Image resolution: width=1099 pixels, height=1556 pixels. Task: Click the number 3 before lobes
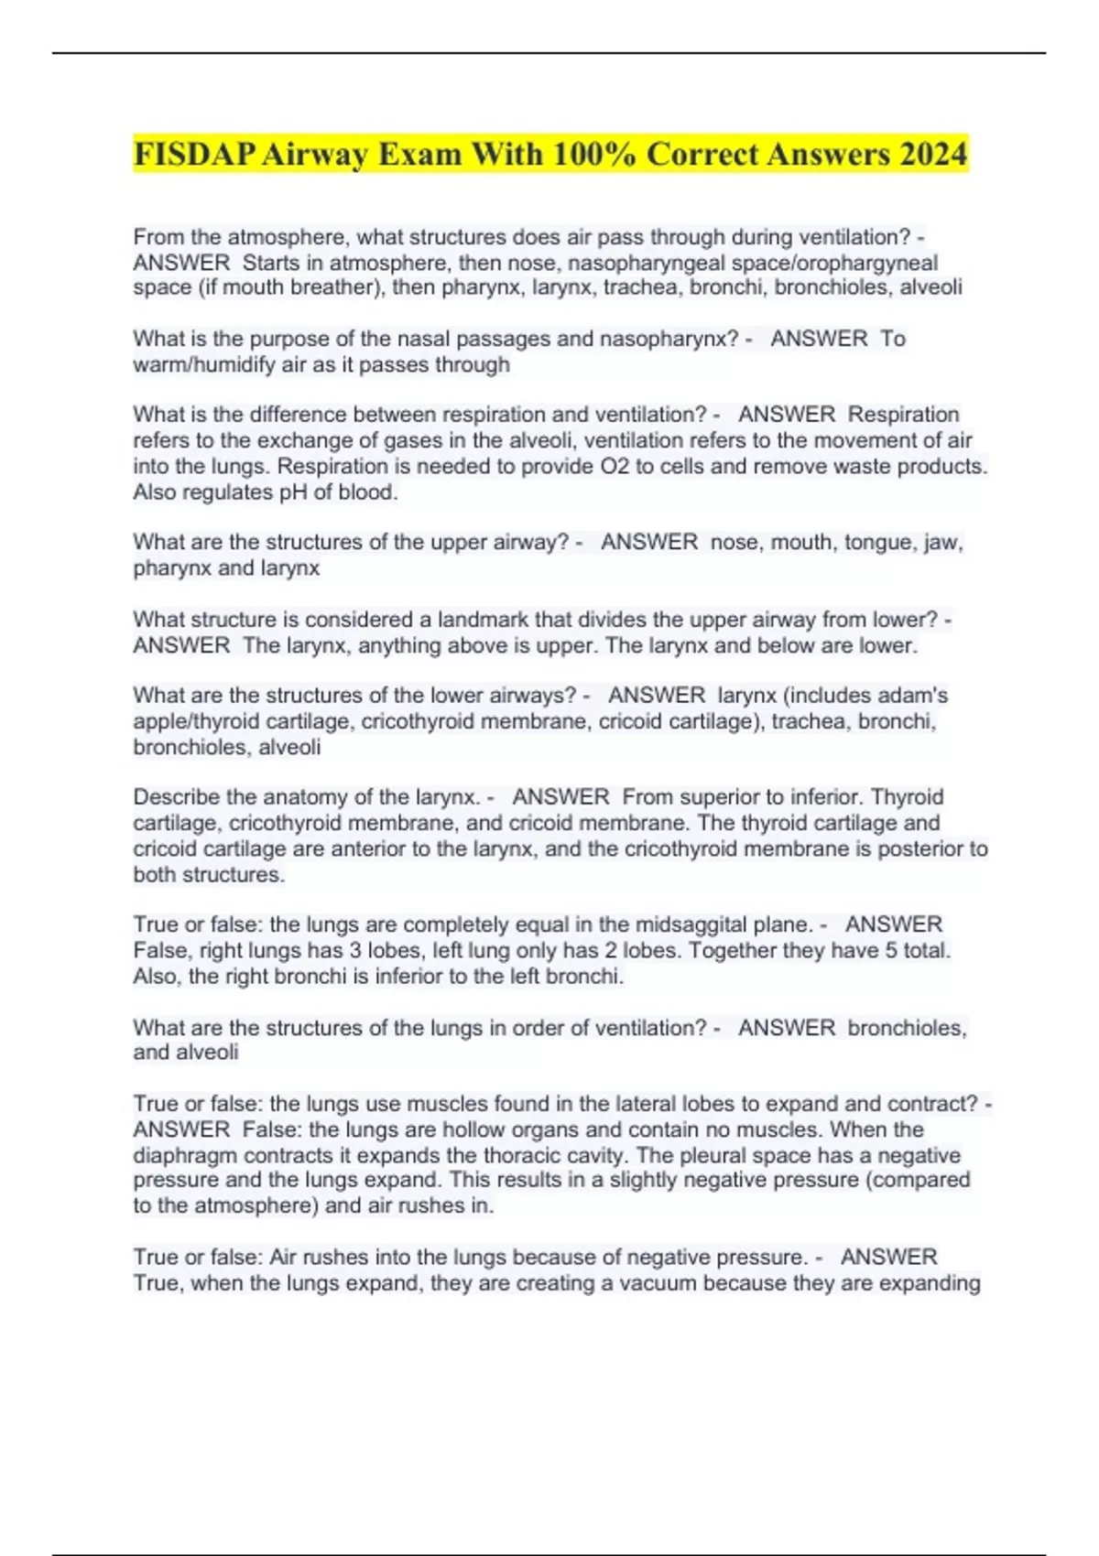click(x=356, y=950)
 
